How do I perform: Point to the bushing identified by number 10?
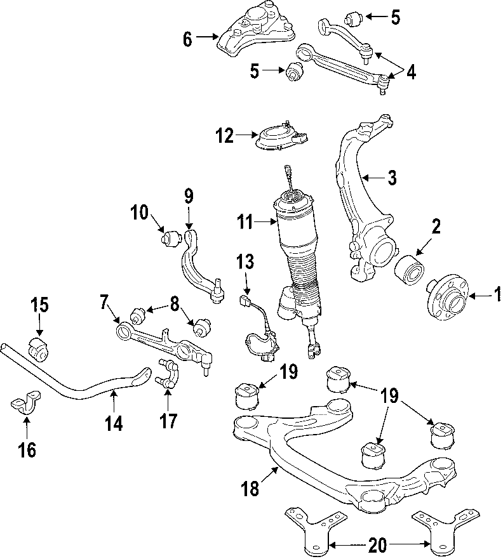[x=169, y=239]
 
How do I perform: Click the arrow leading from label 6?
[x=207, y=37]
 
